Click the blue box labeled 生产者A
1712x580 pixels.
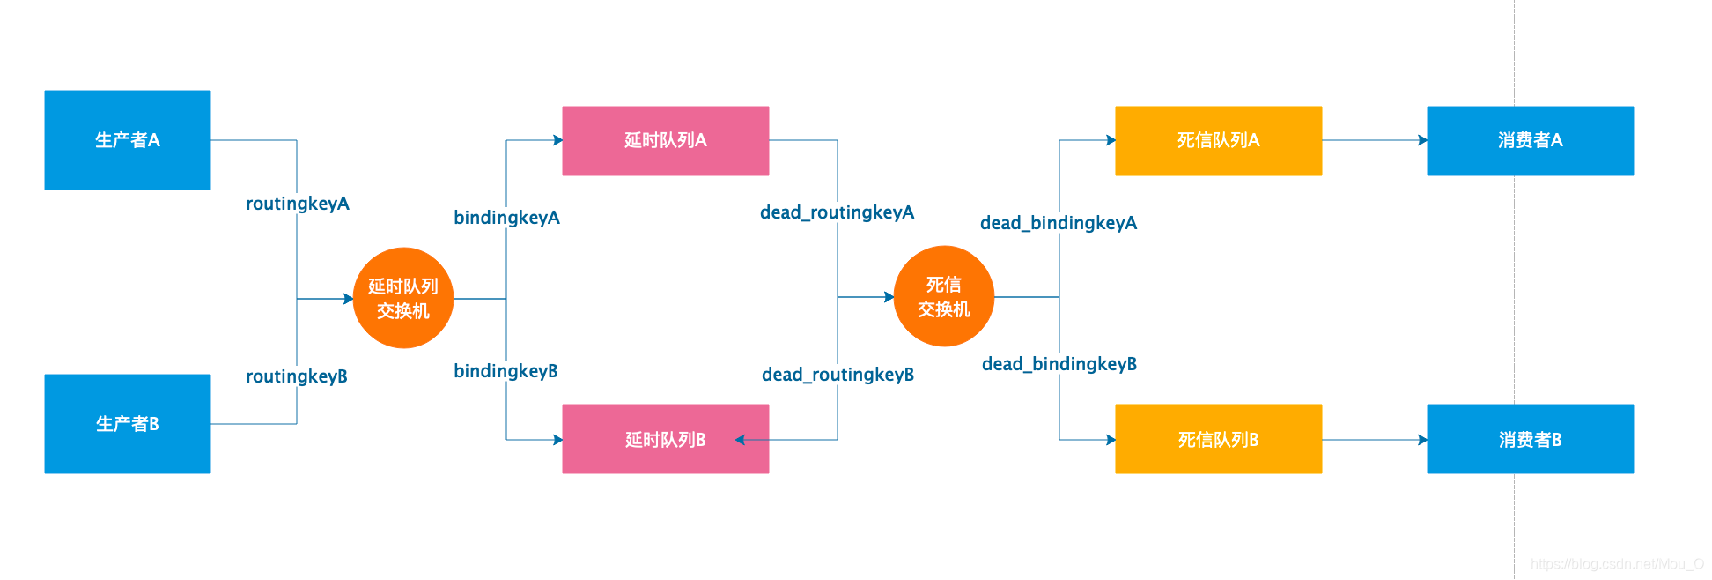tap(128, 140)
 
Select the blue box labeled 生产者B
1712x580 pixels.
tap(128, 424)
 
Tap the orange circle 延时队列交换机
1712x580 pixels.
tap(403, 298)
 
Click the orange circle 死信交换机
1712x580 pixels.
tap(944, 296)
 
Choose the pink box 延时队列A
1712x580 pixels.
tap(666, 141)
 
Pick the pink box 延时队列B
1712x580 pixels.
tap(666, 439)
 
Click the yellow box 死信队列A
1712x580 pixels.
tap(1218, 141)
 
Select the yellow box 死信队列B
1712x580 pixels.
tap(1218, 439)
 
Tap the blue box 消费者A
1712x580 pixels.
tap(1530, 141)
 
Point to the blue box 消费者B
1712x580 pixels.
tap(1530, 439)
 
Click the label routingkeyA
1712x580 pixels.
tap(298, 204)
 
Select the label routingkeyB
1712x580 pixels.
tap(297, 376)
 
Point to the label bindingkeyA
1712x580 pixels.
tap(506, 218)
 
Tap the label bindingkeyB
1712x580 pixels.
tap(505, 371)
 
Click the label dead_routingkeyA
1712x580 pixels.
tap(837, 212)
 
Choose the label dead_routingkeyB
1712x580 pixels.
tap(838, 375)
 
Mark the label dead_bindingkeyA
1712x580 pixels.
tap(1059, 223)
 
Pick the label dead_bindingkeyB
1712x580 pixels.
tap(1059, 364)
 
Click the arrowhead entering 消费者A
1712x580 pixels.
tap(1422, 140)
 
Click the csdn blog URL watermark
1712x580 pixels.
tap(1617, 564)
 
